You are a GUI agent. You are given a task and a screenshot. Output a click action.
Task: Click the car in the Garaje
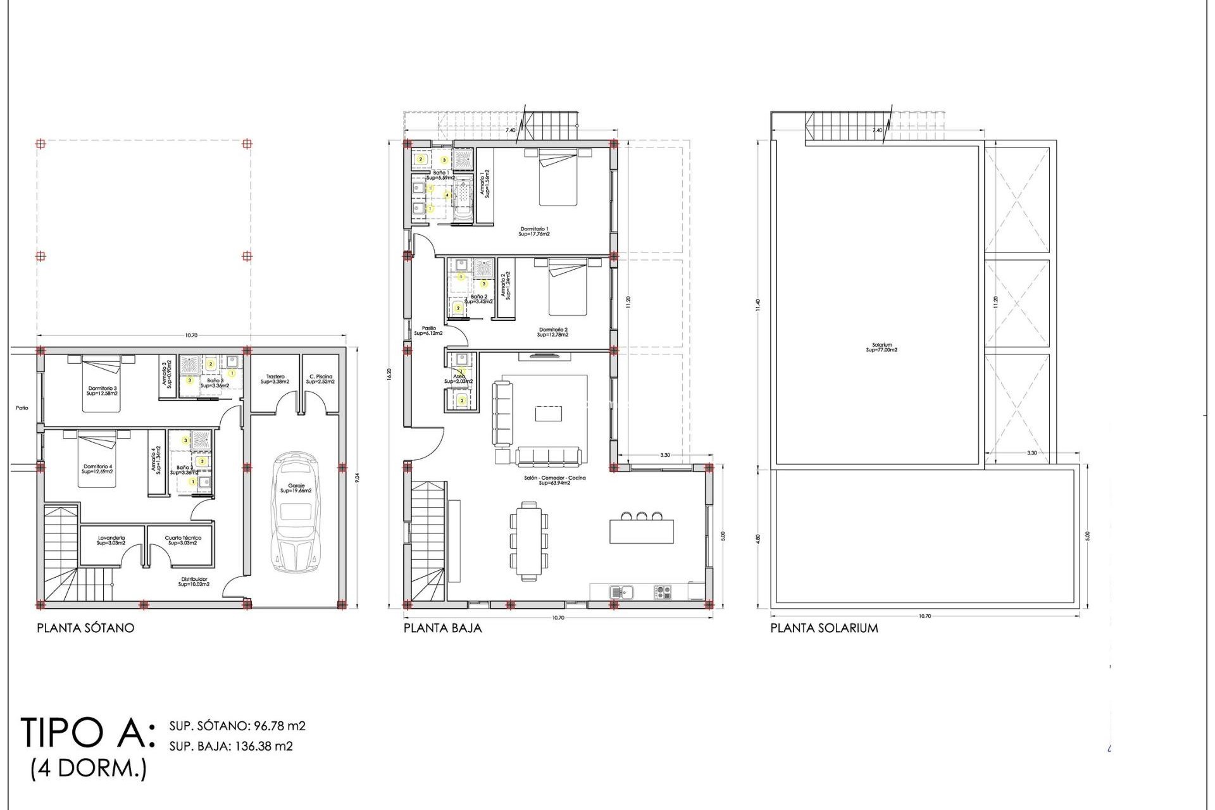pos(296,513)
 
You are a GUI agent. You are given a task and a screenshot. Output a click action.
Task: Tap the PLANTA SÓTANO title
pos(85,628)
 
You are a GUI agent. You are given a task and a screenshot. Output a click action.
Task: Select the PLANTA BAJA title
pos(442,628)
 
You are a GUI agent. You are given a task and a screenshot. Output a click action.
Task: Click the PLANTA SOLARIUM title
pos(824,628)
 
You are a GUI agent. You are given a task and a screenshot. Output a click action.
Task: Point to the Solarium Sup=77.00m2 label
pos(882,347)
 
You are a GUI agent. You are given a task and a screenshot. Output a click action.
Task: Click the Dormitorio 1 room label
pos(534,231)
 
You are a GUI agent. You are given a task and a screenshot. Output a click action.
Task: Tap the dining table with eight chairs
pos(528,541)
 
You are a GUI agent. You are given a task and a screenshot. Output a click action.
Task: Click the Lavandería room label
pos(111,540)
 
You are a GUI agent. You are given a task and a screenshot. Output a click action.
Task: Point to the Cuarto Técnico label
pos(183,540)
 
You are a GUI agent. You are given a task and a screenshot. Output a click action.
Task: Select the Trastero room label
pos(275,379)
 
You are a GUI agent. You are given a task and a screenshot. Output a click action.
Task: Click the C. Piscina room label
pos(320,379)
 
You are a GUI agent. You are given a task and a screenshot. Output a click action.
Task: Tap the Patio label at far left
pos(22,408)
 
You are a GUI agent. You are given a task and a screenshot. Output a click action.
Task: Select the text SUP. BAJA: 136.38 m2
pos(231,746)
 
